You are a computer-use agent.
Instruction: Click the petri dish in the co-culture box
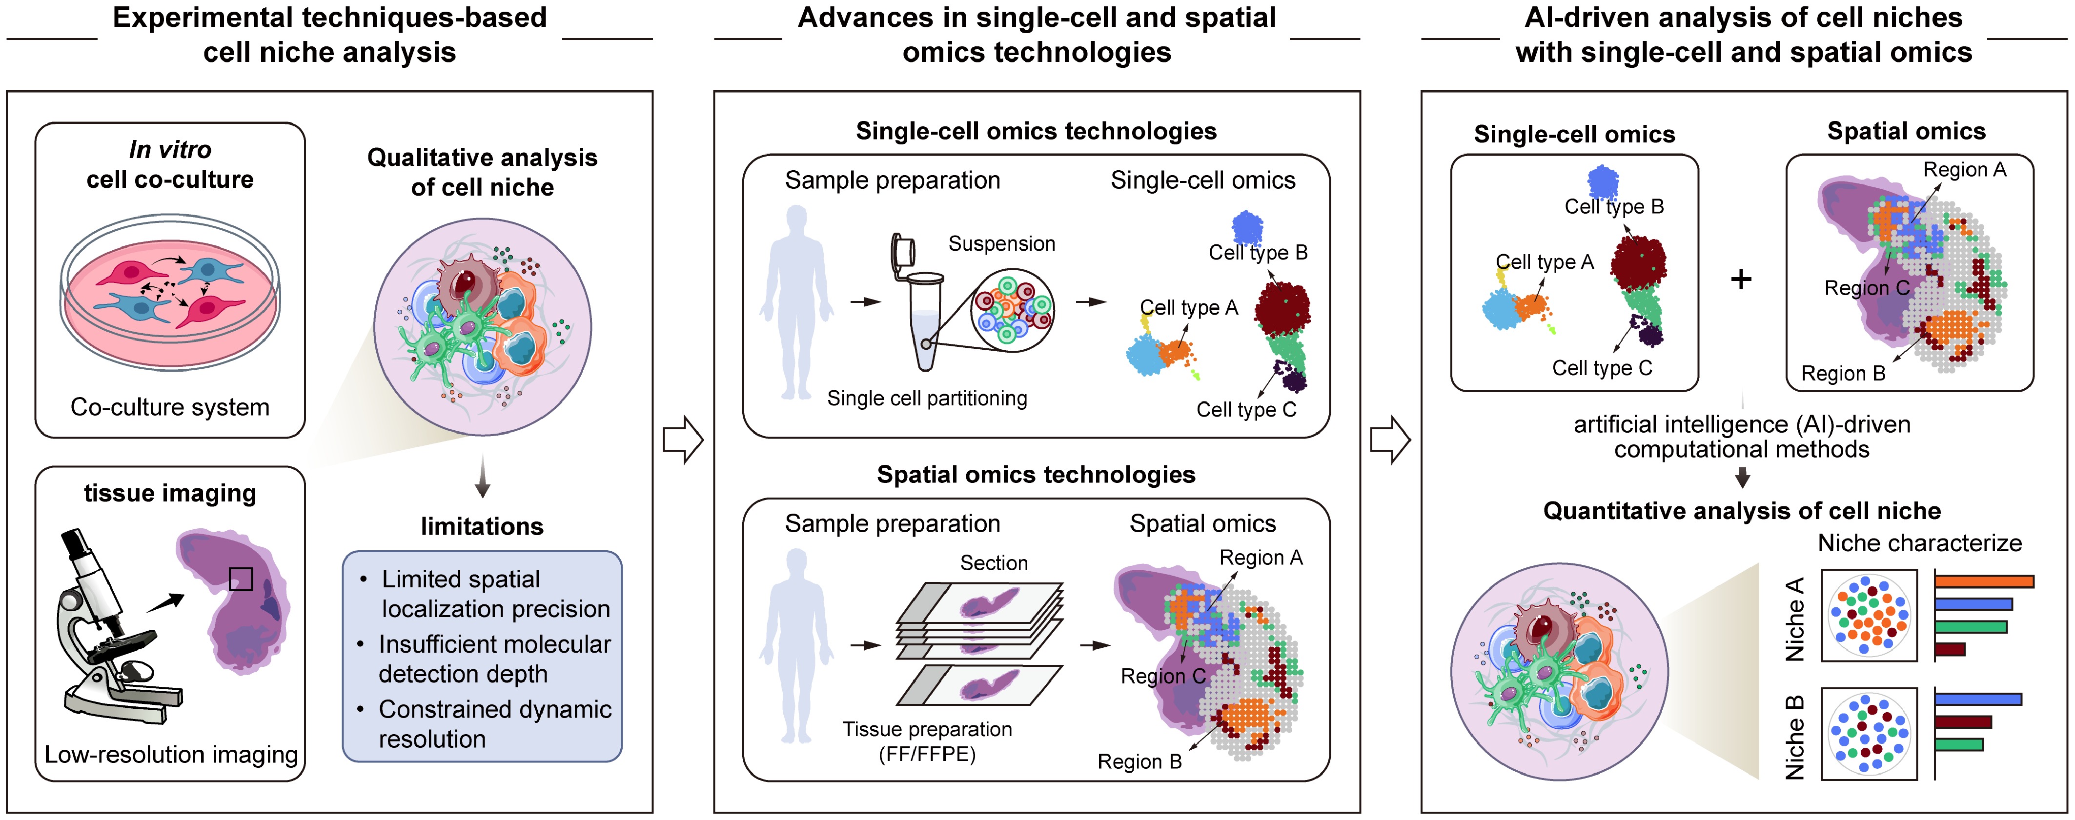pyautogui.click(x=170, y=292)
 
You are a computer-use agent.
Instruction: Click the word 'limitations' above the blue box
pyautogui.click(x=482, y=527)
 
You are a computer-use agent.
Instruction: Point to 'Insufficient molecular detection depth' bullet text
pyautogui.click(x=494, y=659)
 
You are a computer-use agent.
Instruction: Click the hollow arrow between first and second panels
pyautogui.click(x=682, y=440)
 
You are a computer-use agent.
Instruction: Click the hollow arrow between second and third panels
pyautogui.click(x=1389, y=440)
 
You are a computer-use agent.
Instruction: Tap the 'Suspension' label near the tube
pyautogui.click(x=1001, y=243)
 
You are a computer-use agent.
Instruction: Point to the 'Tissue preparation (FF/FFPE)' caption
pyautogui.click(x=927, y=741)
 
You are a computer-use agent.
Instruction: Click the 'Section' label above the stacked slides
pyautogui.click(x=993, y=563)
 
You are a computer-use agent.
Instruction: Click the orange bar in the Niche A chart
pyautogui.click(x=1983, y=581)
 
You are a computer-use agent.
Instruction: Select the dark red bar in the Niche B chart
pyautogui.click(x=1962, y=722)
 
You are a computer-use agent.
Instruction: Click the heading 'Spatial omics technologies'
pyautogui.click(x=1036, y=475)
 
